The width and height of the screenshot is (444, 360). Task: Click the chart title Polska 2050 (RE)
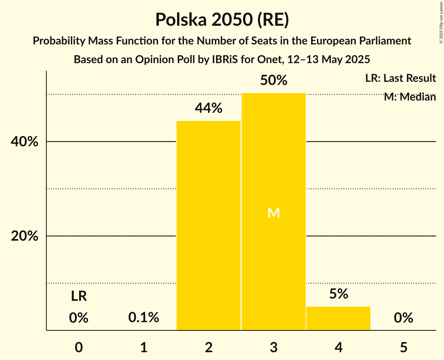click(x=222, y=19)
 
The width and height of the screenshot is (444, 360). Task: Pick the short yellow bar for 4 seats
click(x=338, y=318)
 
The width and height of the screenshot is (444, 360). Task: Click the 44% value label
click(x=209, y=108)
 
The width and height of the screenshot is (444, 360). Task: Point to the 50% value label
click(x=274, y=81)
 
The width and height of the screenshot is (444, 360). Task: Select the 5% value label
click(x=338, y=294)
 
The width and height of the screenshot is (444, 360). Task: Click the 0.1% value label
click(x=144, y=318)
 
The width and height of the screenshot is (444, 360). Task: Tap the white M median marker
click(x=274, y=213)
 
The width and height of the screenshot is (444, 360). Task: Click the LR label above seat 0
click(x=79, y=296)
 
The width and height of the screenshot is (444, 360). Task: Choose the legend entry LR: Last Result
click(x=400, y=78)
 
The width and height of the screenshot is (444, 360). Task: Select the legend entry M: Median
click(x=410, y=97)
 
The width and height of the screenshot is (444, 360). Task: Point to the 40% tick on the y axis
click(x=25, y=142)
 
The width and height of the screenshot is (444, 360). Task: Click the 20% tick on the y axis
click(x=25, y=236)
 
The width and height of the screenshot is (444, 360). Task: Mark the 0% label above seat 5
click(x=403, y=318)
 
